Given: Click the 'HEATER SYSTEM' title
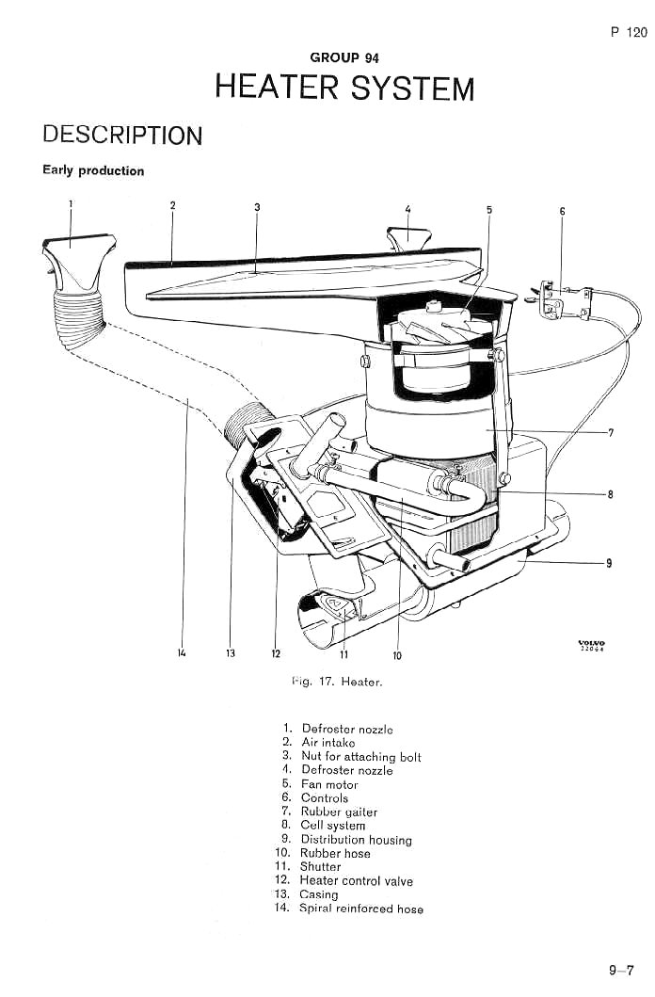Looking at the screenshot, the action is coord(345,88).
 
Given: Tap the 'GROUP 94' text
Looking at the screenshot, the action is coord(344,57).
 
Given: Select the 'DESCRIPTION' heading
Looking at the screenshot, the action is coord(122,135).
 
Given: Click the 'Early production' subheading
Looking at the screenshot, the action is coord(93,170).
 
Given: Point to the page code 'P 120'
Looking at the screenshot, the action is coord(629,32).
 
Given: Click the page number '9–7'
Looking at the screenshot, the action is coord(621,971).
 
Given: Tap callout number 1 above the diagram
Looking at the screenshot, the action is coord(71,203).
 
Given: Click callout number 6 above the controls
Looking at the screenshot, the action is coord(562,211).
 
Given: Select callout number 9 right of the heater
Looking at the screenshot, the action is coord(609,563).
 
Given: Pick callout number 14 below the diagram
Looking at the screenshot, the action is coord(183,653).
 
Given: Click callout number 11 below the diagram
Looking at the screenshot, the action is coord(343,654).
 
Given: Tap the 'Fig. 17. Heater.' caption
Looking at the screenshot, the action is coord(337,683).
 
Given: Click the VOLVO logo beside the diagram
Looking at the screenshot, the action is coord(591,646).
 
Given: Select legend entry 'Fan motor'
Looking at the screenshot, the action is coord(329,784).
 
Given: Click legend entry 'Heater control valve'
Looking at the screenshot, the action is coord(357,880).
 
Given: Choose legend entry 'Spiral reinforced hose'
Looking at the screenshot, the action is coord(361,909).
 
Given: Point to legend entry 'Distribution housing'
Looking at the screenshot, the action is coord(357,840).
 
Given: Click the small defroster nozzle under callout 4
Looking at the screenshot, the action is coord(408,239).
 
